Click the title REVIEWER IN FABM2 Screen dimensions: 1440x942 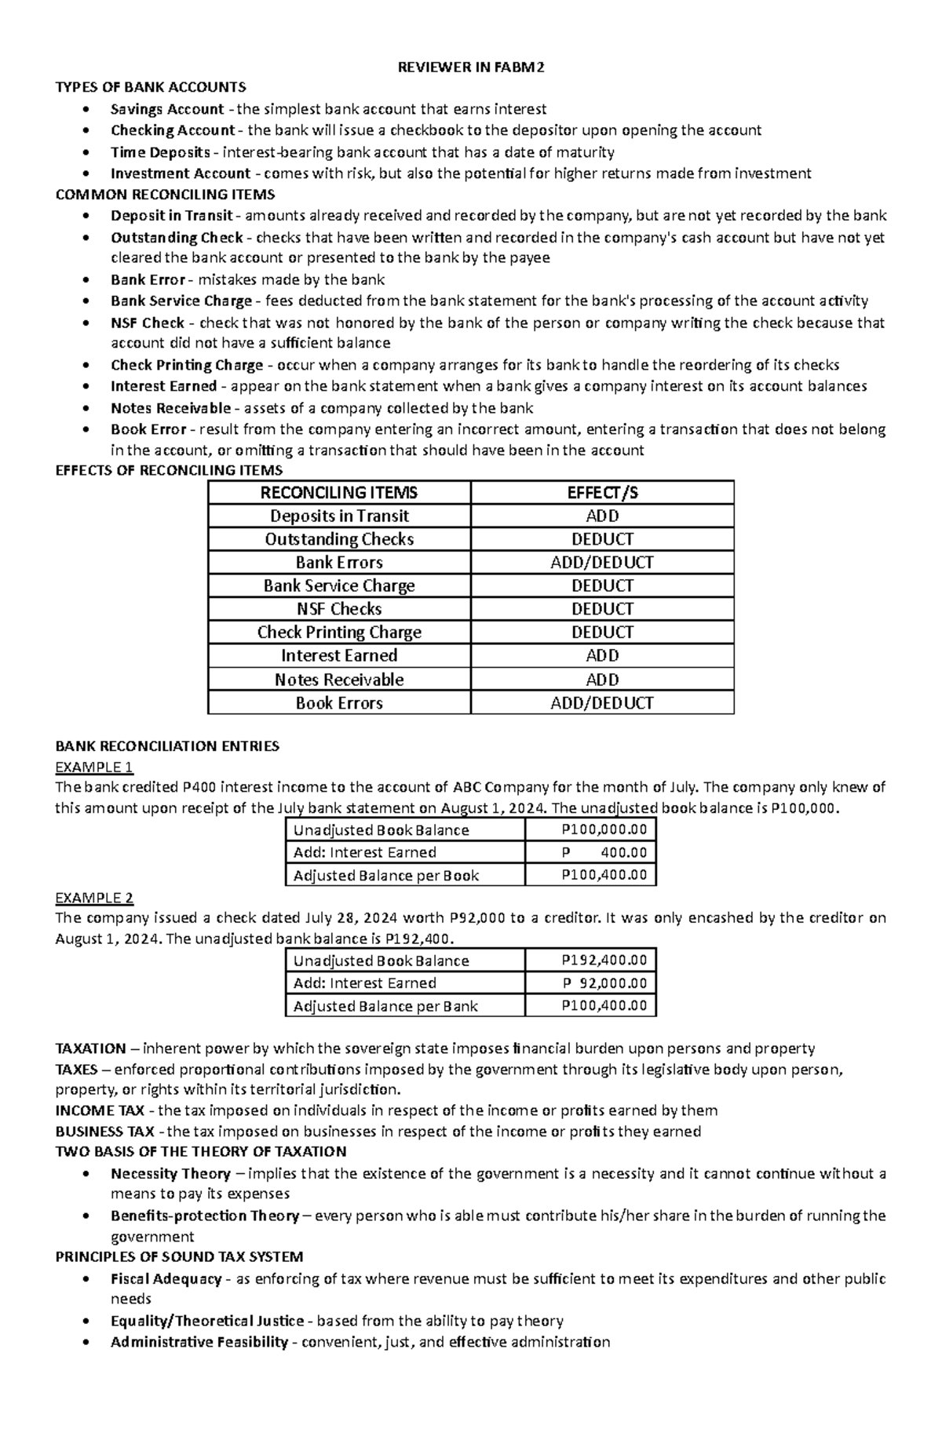[x=470, y=67]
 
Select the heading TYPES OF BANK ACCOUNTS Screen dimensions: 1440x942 [x=151, y=87]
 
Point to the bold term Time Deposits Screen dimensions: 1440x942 [x=160, y=152]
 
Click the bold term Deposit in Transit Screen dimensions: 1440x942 [x=172, y=216]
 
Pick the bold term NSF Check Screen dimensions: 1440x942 [x=148, y=323]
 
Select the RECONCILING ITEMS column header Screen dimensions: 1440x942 [x=339, y=493]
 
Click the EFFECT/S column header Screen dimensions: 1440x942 [x=602, y=493]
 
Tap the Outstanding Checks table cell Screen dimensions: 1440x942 [x=339, y=539]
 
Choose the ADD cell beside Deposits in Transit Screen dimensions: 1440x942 [x=602, y=516]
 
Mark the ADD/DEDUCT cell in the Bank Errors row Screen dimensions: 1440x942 [x=602, y=563]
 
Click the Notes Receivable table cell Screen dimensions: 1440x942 [x=339, y=680]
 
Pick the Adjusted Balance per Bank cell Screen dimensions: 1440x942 [x=385, y=1006]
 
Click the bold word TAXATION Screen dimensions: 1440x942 [x=91, y=1048]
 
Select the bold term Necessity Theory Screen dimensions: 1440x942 [x=170, y=1174]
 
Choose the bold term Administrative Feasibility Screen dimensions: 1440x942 [x=199, y=1342]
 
